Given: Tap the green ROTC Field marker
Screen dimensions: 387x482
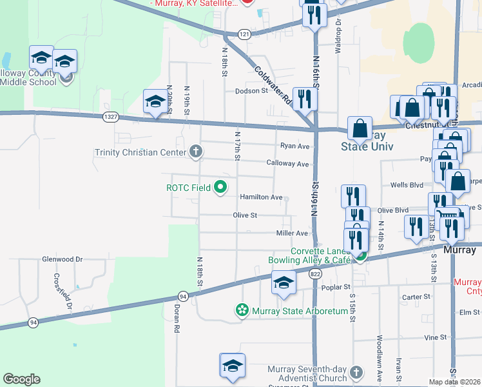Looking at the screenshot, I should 221,188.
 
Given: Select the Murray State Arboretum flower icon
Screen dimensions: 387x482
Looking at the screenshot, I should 242,311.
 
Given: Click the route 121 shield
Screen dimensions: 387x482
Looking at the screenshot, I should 244,34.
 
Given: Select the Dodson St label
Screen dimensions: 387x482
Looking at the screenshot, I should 251,91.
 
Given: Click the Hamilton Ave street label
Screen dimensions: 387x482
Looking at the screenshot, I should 261,197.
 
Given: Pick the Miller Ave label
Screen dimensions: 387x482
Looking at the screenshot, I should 292,233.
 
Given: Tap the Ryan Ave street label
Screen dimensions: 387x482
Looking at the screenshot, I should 294,146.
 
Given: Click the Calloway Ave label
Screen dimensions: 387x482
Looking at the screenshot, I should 288,164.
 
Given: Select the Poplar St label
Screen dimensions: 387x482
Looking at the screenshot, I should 337,286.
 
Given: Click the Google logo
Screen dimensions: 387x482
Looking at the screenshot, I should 21,379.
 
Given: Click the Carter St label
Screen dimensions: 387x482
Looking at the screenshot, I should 416,297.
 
